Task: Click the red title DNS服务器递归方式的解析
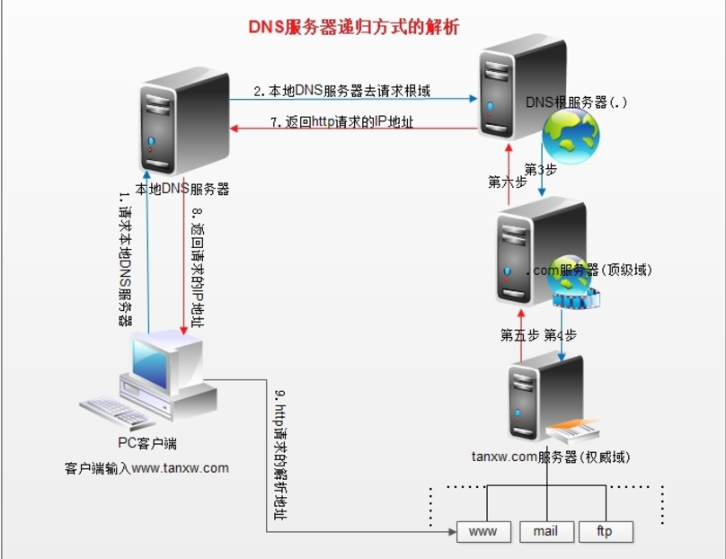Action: click(x=353, y=27)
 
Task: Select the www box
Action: click(x=483, y=531)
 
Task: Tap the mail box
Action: click(x=544, y=531)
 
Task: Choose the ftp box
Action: click(x=605, y=531)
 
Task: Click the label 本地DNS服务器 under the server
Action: click(x=182, y=189)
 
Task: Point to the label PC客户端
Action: click(x=147, y=442)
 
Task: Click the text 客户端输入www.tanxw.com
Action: click(x=146, y=467)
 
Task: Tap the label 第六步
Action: click(x=507, y=182)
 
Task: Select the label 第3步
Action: click(x=541, y=169)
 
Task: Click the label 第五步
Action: click(x=519, y=335)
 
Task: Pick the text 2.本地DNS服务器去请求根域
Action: click(x=342, y=91)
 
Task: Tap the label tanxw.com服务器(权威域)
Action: click(x=551, y=457)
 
